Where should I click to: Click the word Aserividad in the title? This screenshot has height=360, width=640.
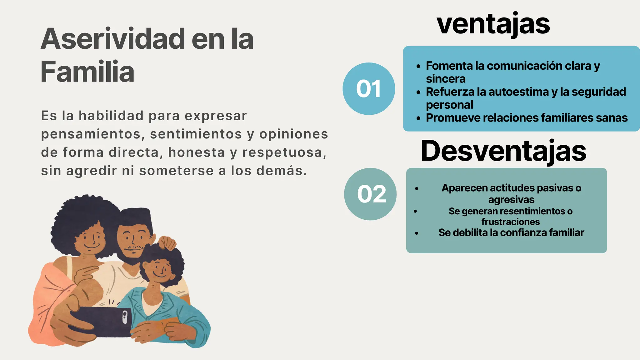click(x=113, y=39)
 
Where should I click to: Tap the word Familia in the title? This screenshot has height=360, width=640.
click(x=87, y=72)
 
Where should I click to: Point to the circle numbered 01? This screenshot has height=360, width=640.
click(x=369, y=89)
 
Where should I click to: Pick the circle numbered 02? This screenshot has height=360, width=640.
click(x=370, y=194)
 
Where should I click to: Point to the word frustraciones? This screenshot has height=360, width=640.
click(x=511, y=222)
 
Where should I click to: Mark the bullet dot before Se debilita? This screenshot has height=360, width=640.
click(x=417, y=233)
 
